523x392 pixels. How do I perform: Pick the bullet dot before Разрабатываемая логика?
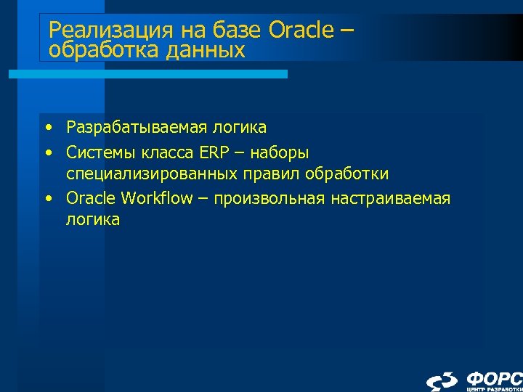click(48, 128)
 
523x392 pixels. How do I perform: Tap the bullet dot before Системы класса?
click(48, 152)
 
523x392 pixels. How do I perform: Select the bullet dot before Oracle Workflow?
click(48, 198)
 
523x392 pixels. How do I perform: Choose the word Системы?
click(97, 152)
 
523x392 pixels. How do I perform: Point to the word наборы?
click(282, 152)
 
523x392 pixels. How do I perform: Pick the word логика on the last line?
click(93, 220)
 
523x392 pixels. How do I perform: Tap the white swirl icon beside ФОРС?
click(442, 380)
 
